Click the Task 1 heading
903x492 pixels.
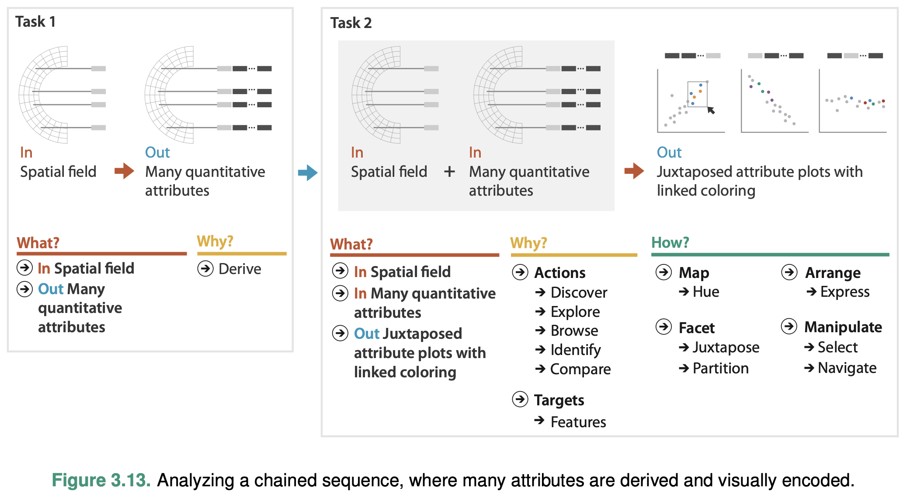(35, 21)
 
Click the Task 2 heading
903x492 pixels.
(351, 23)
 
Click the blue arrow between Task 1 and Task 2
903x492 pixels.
(308, 172)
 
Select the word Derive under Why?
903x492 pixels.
(240, 269)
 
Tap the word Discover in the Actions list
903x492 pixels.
(579, 292)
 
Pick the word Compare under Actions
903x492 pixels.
(580, 369)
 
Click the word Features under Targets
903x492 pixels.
(578, 422)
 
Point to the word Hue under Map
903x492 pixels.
(705, 292)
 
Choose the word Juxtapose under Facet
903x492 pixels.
(726, 347)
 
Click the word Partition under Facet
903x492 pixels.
(720, 368)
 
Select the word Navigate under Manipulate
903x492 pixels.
(847, 368)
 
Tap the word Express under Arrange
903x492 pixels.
(844, 292)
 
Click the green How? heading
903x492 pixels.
(670, 242)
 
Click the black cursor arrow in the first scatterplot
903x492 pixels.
(711, 110)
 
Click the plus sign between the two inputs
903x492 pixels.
(449, 172)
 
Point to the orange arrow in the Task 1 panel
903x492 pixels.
(125, 171)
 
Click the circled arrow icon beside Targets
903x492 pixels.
(520, 399)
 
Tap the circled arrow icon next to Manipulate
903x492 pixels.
(789, 327)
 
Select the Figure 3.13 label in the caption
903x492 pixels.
(101, 480)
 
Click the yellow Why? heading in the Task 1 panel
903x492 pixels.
(215, 241)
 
